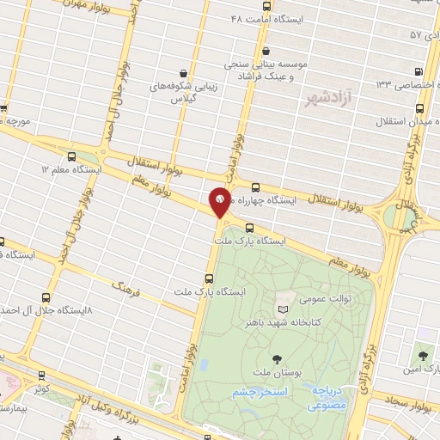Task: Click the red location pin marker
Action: [x=220, y=203]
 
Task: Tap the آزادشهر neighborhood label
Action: [x=333, y=99]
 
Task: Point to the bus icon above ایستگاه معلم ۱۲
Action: [x=71, y=157]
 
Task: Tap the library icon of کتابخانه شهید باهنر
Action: [x=284, y=309]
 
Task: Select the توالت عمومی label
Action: [x=324, y=300]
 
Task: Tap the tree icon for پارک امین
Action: [x=421, y=354]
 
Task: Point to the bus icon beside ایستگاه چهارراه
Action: [x=255, y=186]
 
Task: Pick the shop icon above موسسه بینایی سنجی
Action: [x=266, y=51]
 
